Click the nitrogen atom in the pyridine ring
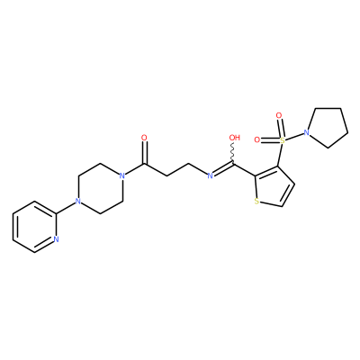56,239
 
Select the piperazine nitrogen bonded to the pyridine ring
78,201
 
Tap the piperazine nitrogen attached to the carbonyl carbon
121,175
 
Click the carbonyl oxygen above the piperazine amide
144,138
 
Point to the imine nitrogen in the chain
211,175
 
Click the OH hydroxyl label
235,138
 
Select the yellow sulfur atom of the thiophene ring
256,202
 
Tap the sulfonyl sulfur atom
282,139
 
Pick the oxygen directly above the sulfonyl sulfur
279,115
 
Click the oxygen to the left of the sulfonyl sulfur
257,139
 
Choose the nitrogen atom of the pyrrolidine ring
306,132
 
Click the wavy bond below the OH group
233,153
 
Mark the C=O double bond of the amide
144,153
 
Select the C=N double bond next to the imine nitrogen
223,169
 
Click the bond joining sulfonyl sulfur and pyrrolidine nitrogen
294,136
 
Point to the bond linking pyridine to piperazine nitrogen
66,207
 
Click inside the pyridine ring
34,227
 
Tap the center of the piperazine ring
100,188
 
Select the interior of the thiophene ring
272,187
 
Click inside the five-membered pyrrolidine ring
328,127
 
